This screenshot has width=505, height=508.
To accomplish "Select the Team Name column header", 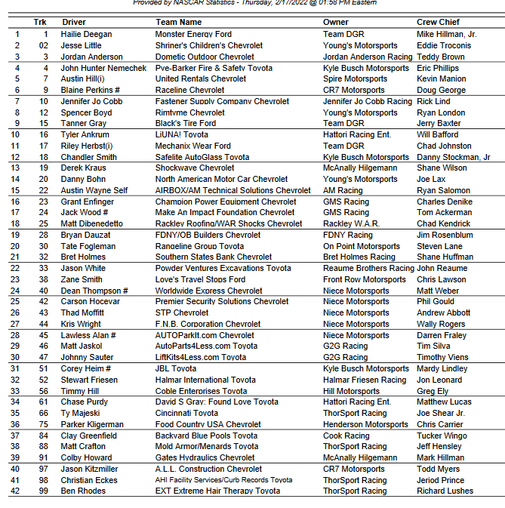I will point(178,22).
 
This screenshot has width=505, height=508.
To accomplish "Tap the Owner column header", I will point(336,22).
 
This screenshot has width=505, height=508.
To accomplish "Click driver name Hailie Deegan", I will point(87,34).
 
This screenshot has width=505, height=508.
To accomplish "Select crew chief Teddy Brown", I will point(441,57).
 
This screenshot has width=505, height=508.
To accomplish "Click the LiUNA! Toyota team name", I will point(181,134).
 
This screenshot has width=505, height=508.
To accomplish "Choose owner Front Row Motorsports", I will point(365,279).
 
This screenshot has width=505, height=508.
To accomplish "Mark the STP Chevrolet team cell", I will point(182,312).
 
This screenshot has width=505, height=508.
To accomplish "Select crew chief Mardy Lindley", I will point(442,368).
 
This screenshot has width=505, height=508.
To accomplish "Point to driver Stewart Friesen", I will point(90,380).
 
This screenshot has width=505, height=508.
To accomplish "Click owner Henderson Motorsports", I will point(366,424).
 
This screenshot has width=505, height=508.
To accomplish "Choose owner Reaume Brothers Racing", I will point(368,268).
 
